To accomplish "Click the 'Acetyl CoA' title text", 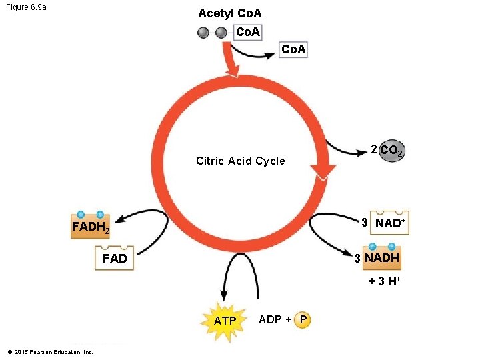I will pyautogui.click(x=230, y=13).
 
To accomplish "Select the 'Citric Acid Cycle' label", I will pyautogui.click(x=240, y=161).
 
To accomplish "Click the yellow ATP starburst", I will pyautogui.click(x=225, y=321).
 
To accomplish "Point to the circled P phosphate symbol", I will pyautogui.click(x=303, y=319).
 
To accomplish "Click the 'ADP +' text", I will pyautogui.click(x=275, y=319).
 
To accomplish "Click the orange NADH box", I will pyautogui.click(x=382, y=257).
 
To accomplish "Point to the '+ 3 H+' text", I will pyautogui.click(x=384, y=281).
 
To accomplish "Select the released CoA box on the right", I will pyautogui.click(x=293, y=50).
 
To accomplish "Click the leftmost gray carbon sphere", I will pyautogui.click(x=204, y=33).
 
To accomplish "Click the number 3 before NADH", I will pyautogui.click(x=357, y=259).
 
